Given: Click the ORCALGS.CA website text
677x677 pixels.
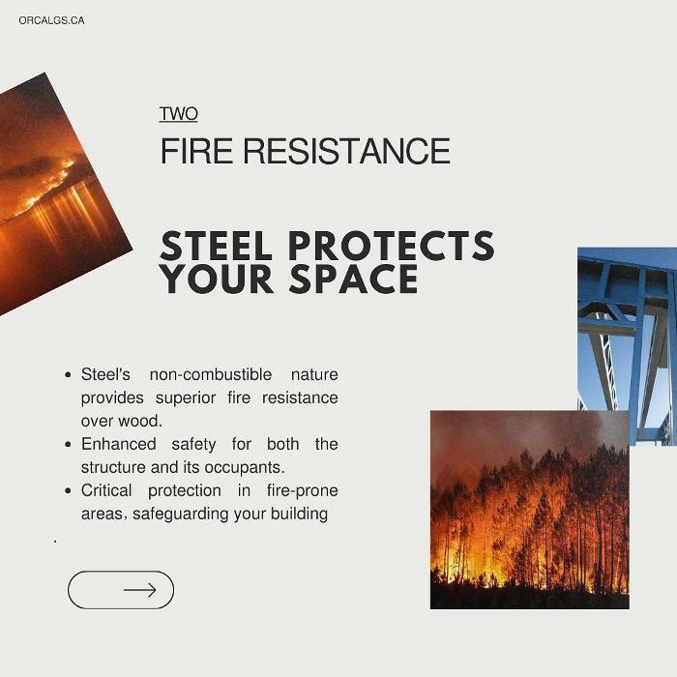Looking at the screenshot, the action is click(51, 20).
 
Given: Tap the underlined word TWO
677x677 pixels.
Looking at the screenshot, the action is click(178, 114).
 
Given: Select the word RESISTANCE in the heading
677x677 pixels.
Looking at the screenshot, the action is click(346, 151).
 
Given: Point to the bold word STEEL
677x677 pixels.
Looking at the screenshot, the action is click(216, 246).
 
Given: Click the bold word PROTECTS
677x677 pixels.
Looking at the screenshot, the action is click(392, 246).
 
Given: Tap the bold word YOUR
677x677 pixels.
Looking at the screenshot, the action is click(217, 279).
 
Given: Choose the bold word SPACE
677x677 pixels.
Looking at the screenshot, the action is click(354, 279).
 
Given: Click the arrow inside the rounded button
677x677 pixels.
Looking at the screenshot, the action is click(140, 590).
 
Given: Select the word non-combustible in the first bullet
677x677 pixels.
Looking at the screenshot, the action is click(211, 374).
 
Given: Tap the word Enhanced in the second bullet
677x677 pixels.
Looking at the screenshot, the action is click(119, 444).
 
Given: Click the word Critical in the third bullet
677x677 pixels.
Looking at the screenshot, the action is click(106, 490).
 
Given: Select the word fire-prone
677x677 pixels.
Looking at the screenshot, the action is click(302, 491).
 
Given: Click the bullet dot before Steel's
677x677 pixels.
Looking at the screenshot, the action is click(68, 375).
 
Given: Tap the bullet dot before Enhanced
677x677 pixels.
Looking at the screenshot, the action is click(68, 444).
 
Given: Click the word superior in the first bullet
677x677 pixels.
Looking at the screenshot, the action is click(186, 398).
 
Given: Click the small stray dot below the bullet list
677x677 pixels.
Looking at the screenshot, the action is click(55, 541).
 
